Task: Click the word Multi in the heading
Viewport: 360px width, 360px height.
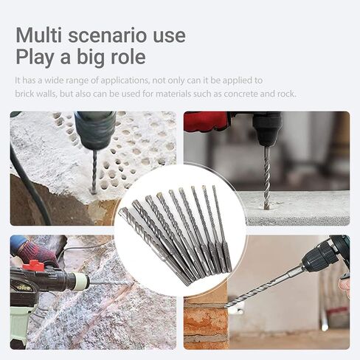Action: pyautogui.click(x=38, y=35)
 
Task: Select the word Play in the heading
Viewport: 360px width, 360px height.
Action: pyautogui.click(x=35, y=57)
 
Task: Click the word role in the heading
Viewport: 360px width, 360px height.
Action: pyautogui.click(x=128, y=57)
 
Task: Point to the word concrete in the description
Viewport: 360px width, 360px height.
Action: pyautogui.click(x=240, y=94)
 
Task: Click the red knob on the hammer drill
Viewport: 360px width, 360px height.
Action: pyautogui.click(x=33, y=265)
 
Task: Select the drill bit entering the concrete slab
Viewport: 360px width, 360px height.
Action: pyautogui.click(x=267, y=178)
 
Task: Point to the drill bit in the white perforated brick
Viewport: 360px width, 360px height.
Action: pyautogui.click(x=94, y=171)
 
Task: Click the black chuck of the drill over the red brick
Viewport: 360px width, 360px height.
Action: pyautogui.click(x=319, y=259)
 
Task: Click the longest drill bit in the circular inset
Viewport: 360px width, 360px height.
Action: pyautogui.click(x=154, y=246)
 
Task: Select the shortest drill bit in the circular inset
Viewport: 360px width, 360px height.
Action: pyautogui.click(x=221, y=229)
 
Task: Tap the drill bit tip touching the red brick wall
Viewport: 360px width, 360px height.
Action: pyautogui.click(x=226, y=306)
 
